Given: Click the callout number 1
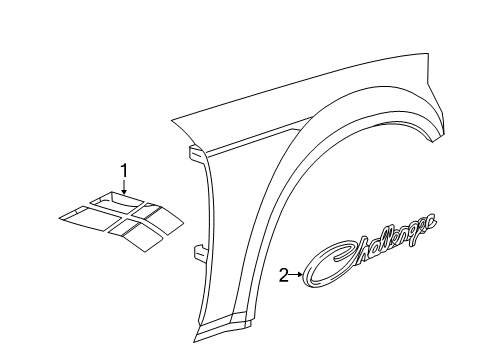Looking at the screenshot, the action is [124, 171].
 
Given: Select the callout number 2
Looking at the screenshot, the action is [285, 274].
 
